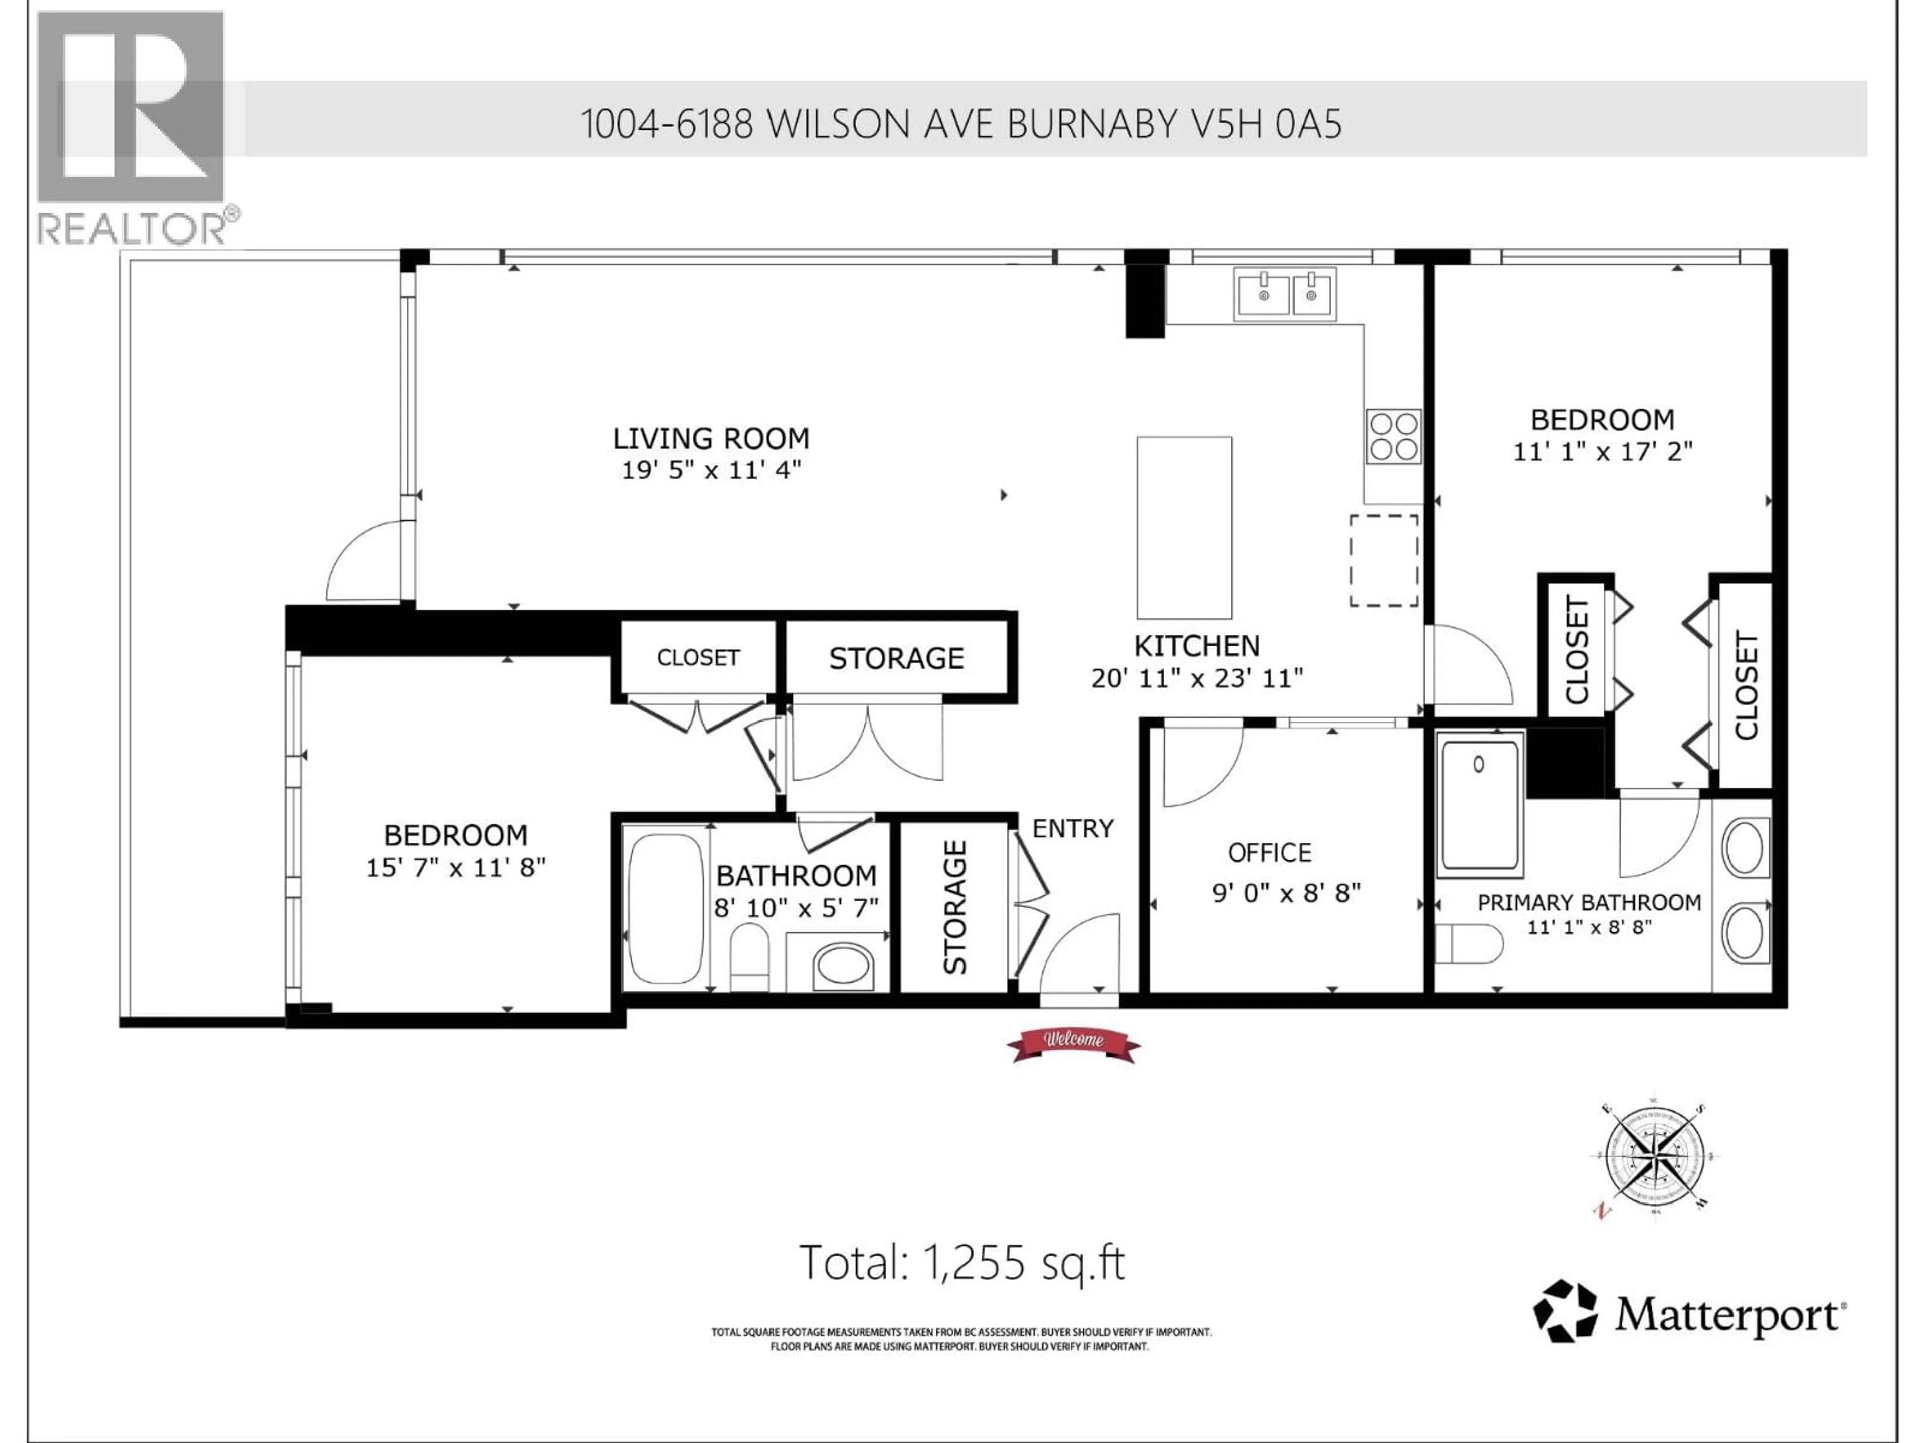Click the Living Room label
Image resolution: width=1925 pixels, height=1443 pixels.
tap(710, 438)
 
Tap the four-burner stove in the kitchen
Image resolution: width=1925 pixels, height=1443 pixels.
tap(1393, 436)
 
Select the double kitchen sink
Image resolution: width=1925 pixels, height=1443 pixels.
tap(1284, 295)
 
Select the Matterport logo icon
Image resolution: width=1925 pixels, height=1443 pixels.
tap(1564, 1311)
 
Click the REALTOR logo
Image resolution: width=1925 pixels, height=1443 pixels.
tap(132, 126)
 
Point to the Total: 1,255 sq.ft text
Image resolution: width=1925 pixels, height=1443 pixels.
tap(961, 1263)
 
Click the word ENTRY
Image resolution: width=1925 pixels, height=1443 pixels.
tap(1072, 829)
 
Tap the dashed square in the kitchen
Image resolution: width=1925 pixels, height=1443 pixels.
tap(1384, 560)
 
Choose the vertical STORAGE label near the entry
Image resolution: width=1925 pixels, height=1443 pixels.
tap(954, 907)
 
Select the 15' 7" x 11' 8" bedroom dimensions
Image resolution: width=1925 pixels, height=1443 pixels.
tap(455, 867)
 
